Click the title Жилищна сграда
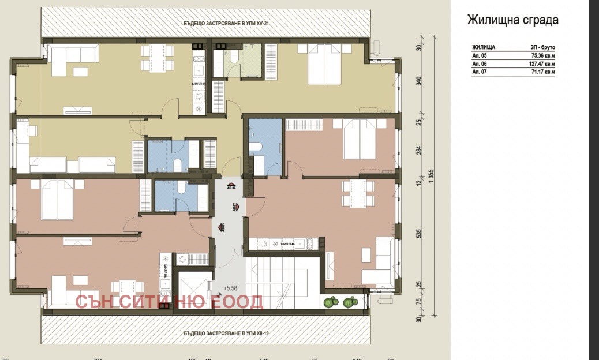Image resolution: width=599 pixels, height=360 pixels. click(x=512, y=21)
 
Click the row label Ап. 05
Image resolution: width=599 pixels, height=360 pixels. click(x=480, y=56)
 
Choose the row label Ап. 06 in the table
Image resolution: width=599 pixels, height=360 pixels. click(x=480, y=64)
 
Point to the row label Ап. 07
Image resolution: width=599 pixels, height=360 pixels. click(x=480, y=72)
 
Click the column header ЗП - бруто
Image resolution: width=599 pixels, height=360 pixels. click(x=542, y=47)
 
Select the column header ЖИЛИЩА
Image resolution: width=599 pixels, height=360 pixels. click(x=484, y=47)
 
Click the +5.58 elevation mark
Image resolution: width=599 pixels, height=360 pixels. click(x=231, y=287)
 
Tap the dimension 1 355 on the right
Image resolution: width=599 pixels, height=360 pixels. click(x=431, y=177)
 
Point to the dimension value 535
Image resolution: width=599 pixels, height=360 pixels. click(x=420, y=234)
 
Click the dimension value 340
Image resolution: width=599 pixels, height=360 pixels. click(x=420, y=81)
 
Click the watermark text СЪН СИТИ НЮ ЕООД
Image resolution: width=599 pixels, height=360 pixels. click(x=169, y=302)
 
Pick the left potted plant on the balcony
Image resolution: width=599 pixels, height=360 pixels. click(x=331, y=301)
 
